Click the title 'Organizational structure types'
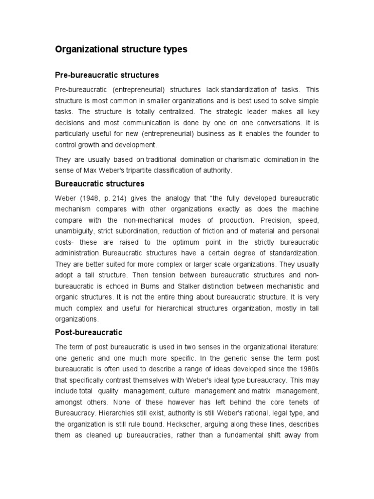tap(121, 49)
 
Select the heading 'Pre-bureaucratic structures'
tap(107, 75)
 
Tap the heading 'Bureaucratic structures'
tap(99, 184)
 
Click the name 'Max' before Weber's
tap(82, 170)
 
